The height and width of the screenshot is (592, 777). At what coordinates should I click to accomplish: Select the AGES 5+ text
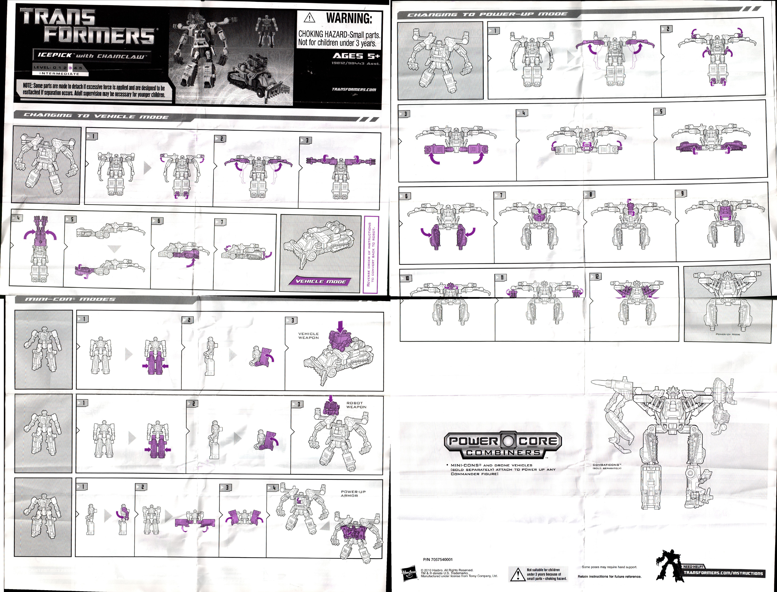click(x=356, y=56)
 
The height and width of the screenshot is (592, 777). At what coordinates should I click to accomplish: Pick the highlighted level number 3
click(x=70, y=67)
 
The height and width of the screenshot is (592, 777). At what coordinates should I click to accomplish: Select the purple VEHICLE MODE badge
click(x=320, y=281)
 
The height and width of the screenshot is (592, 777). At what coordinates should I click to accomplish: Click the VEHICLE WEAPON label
click(x=308, y=335)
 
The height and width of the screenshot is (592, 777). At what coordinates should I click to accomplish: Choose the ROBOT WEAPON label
click(x=356, y=405)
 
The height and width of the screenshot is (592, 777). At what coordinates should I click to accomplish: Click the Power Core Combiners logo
click(x=502, y=445)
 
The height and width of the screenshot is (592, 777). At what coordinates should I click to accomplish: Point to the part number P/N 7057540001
click(x=437, y=559)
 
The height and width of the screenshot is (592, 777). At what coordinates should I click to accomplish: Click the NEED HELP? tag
click(x=693, y=567)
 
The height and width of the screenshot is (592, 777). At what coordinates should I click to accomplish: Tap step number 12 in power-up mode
click(x=596, y=277)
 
